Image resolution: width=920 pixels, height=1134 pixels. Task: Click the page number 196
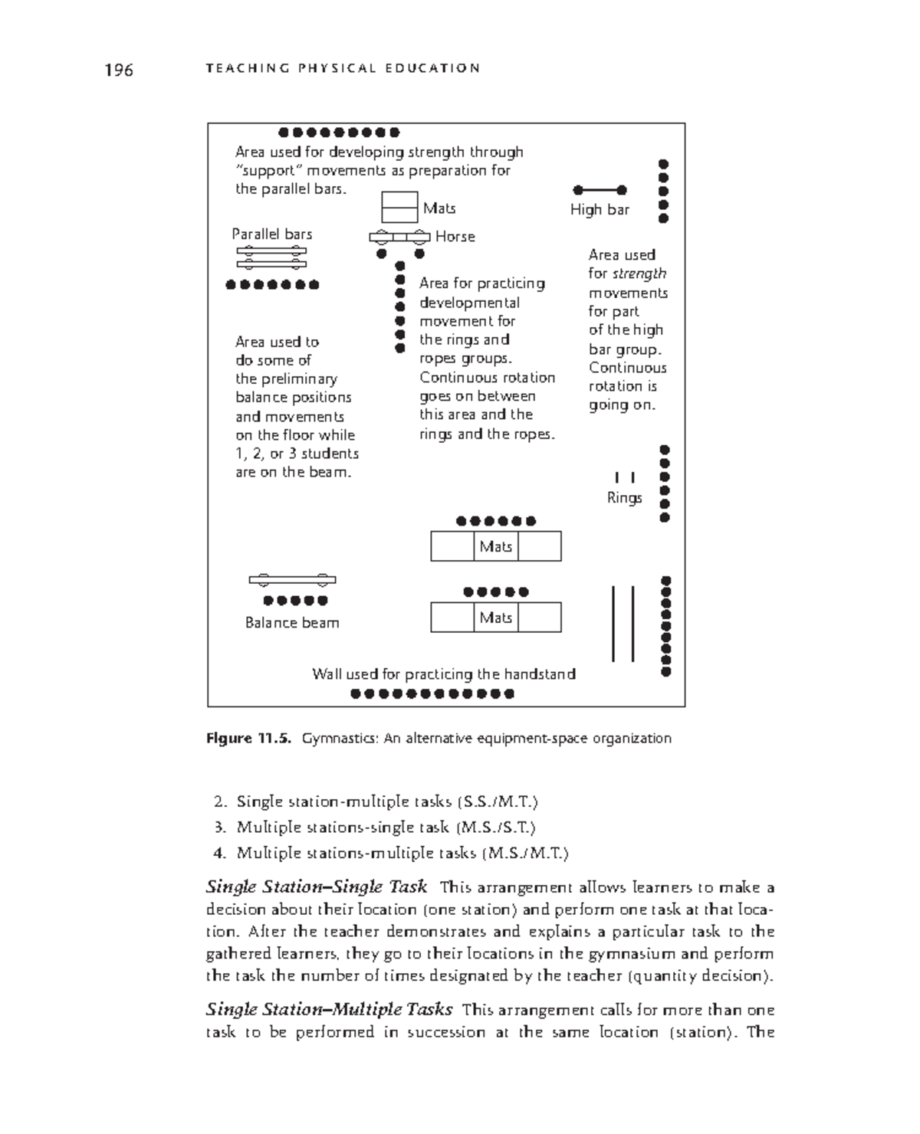pyautogui.click(x=119, y=70)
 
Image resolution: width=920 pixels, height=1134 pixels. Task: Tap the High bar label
pyautogui.click(x=600, y=210)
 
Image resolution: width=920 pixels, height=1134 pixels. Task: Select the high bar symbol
pyautogui.click(x=600, y=190)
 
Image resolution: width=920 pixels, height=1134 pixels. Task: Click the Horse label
pyautogui.click(x=455, y=237)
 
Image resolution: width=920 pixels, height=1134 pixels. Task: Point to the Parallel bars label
pyautogui.click(x=272, y=234)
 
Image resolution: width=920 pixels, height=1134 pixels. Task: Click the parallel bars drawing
pyautogui.click(x=271, y=257)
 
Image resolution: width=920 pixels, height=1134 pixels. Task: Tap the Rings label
pyautogui.click(x=624, y=498)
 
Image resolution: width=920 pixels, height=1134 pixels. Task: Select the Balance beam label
pyautogui.click(x=292, y=623)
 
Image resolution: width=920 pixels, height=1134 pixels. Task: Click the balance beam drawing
pyautogui.click(x=292, y=580)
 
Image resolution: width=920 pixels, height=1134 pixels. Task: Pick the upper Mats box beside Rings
pyautogui.click(x=495, y=546)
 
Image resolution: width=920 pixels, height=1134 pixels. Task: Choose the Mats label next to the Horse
pyautogui.click(x=439, y=208)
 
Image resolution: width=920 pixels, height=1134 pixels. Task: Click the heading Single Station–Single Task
pyautogui.click(x=317, y=887)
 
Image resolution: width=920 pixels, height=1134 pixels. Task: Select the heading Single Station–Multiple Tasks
pyautogui.click(x=329, y=1009)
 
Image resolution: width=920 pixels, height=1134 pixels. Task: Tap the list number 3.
pyautogui.click(x=219, y=828)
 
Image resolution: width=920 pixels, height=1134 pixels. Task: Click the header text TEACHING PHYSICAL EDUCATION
pyautogui.click(x=343, y=68)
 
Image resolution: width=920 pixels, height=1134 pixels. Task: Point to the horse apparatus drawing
pyautogui.click(x=399, y=237)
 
